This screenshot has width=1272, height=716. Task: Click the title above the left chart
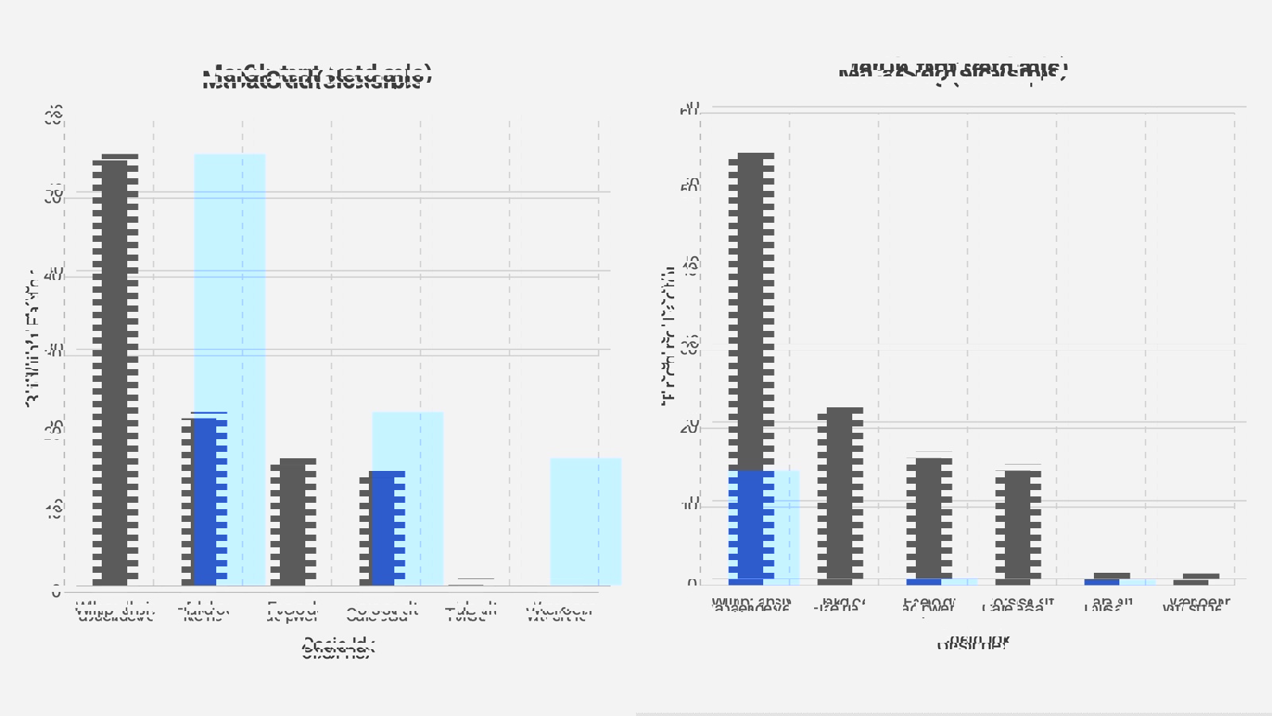click(316, 77)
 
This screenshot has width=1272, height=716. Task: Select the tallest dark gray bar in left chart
click(114, 370)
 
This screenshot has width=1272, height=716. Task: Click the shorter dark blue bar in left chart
click(388, 528)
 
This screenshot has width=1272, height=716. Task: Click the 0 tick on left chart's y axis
click(56, 591)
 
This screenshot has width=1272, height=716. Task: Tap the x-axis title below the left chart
click(338, 648)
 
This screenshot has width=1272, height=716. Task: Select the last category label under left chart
click(559, 613)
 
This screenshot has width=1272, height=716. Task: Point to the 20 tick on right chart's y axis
click(689, 427)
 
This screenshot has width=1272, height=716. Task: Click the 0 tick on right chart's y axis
click(692, 583)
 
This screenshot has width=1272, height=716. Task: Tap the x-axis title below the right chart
click(971, 641)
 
